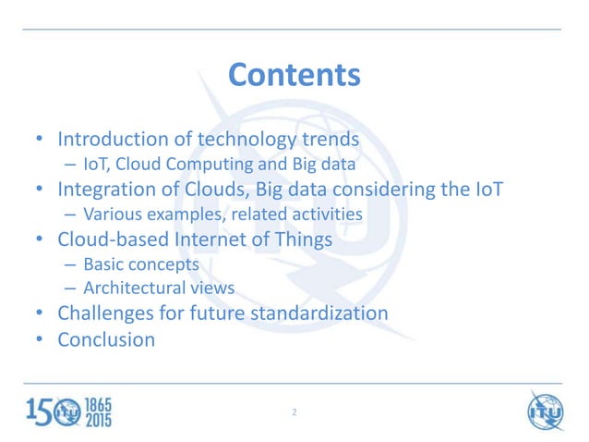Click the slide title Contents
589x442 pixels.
pos(294,74)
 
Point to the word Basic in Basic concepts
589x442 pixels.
pos(102,265)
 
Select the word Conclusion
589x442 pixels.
pos(106,339)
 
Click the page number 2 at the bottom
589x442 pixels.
pos(294,411)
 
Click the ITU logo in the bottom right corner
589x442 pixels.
pos(545,410)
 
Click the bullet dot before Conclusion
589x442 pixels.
pos(40,339)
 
